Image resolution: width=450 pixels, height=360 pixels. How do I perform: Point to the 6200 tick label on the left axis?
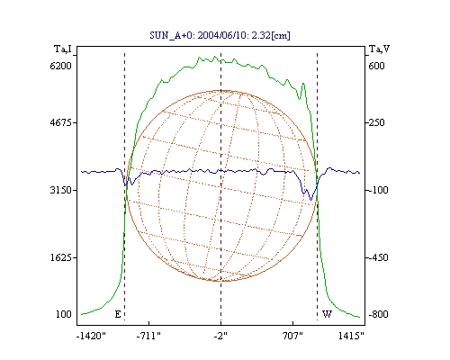pyautogui.click(x=61, y=66)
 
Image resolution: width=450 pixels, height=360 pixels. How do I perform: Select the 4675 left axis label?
pyautogui.click(x=61, y=122)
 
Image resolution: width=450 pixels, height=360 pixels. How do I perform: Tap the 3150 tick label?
pyautogui.click(x=61, y=190)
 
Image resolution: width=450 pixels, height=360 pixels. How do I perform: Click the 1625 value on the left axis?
pyautogui.click(x=61, y=257)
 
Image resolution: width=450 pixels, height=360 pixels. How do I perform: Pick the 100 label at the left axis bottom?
pyautogui.click(x=64, y=314)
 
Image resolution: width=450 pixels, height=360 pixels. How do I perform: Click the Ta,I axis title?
pyautogui.click(x=63, y=49)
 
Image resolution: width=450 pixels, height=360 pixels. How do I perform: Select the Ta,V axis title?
pyautogui.click(x=379, y=49)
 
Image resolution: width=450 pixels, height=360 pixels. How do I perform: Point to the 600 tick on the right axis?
pyautogui.click(x=376, y=66)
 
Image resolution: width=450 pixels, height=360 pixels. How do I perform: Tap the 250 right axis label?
pyautogui.click(x=376, y=122)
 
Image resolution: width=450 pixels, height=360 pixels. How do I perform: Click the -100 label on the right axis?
pyautogui.click(x=378, y=190)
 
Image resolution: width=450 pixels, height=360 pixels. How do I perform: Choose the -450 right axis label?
pyautogui.click(x=378, y=257)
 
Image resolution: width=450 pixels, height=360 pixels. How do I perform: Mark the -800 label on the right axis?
pyautogui.click(x=378, y=314)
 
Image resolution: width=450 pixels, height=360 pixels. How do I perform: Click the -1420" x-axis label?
pyautogui.click(x=92, y=336)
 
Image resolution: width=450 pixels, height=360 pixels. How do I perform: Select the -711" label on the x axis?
pyautogui.click(x=148, y=336)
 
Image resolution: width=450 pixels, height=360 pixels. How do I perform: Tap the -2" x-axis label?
pyautogui.click(x=220, y=336)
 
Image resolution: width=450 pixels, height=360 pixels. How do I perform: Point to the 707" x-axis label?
pyautogui.click(x=292, y=336)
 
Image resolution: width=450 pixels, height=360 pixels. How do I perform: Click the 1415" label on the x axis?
pyautogui.click(x=351, y=336)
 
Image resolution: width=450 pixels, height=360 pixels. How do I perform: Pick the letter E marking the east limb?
pyautogui.click(x=118, y=314)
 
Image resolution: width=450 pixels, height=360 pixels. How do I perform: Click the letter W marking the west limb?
pyautogui.click(x=327, y=314)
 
